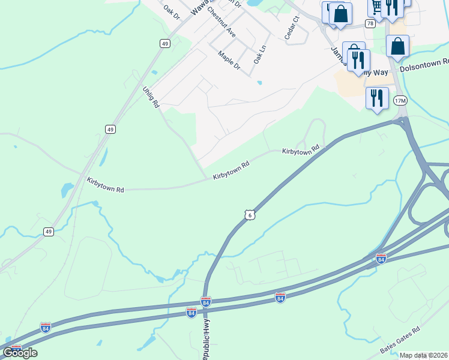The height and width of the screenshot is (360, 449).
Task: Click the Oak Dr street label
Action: pyautogui.click(x=172, y=11)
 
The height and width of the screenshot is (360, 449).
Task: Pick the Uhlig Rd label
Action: pyautogui.click(x=151, y=97)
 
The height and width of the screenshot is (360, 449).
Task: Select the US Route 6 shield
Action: pyautogui.click(x=250, y=214)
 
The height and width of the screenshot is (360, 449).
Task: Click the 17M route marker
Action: pyautogui.click(x=400, y=101)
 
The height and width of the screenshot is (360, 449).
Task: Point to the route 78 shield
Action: pyautogui.click(x=370, y=23)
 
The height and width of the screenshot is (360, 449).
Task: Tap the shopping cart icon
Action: pyautogui.click(x=376, y=7)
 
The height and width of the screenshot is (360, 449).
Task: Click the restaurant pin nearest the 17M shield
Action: pyautogui.click(x=377, y=98)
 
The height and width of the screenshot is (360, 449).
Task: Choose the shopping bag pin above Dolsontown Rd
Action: pyautogui.click(x=397, y=46)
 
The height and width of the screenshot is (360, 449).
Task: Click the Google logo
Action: pyautogui.click(x=20, y=352)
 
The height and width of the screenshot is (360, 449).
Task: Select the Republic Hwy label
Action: pyautogui.click(x=206, y=340)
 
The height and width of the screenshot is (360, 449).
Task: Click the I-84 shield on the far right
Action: pyautogui.click(x=381, y=259)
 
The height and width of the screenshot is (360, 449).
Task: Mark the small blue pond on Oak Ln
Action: pyautogui.click(x=259, y=82)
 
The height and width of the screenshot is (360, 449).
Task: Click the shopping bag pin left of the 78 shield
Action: pyautogui.click(x=340, y=14)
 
